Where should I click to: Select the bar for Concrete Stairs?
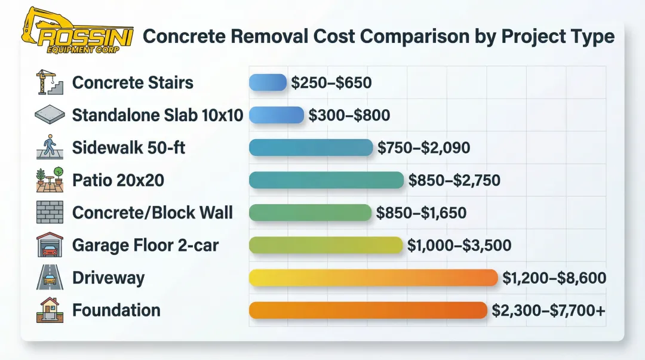pyautogui.click(x=268, y=82)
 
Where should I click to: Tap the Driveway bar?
pyautogui.click(x=373, y=278)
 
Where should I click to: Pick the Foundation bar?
pyautogui.click(x=367, y=310)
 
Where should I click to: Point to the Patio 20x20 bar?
pyautogui.click(x=326, y=180)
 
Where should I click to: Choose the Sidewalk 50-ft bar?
pyautogui.click(x=311, y=147)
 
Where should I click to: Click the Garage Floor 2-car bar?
pyautogui.click(x=325, y=245)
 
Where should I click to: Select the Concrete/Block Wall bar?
pyautogui.click(x=310, y=213)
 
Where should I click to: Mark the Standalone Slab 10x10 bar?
pyautogui.click(x=277, y=115)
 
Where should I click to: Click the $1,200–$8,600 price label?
pyautogui.click(x=554, y=278)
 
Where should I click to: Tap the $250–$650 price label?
pyautogui.click(x=331, y=82)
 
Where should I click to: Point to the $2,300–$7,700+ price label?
pyautogui.click(x=548, y=310)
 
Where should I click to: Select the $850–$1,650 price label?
pyautogui.click(x=421, y=213)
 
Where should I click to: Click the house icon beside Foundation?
pyautogui.click(x=49, y=310)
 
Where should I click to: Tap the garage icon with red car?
pyautogui.click(x=49, y=245)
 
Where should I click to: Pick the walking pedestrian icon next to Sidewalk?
pyautogui.click(x=49, y=147)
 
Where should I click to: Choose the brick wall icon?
pyautogui.click(x=49, y=213)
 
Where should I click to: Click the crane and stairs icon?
pyautogui.click(x=49, y=82)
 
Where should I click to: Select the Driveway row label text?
pyautogui.click(x=108, y=278)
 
